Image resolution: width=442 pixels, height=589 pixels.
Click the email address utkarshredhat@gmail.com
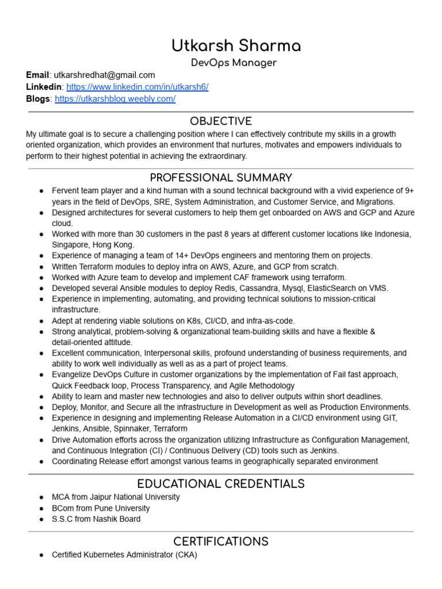[104, 75]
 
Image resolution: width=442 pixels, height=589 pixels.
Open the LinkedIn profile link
[137, 87]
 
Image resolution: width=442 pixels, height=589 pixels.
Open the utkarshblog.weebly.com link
[115, 99]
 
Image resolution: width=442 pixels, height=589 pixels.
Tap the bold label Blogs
[38, 99]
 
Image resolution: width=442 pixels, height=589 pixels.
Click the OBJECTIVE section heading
[221, 121]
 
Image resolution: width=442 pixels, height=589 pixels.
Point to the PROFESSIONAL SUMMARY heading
[221, 178]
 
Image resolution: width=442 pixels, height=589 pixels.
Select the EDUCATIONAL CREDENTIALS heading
[221, 484]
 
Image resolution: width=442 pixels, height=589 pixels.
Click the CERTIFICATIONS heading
[221, 541]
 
